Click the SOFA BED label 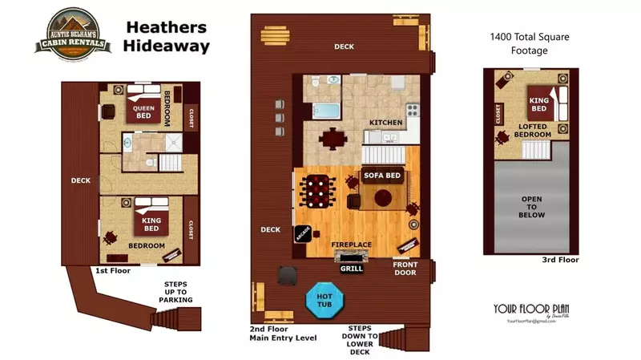click(x=383, y=174)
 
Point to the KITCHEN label click(x=385, y=123)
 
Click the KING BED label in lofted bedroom click(x=538, y=105)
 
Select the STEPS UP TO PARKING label click(x=176, y=292)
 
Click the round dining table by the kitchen click(x=331, y=138)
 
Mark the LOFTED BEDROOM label click(x=533, y=130)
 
